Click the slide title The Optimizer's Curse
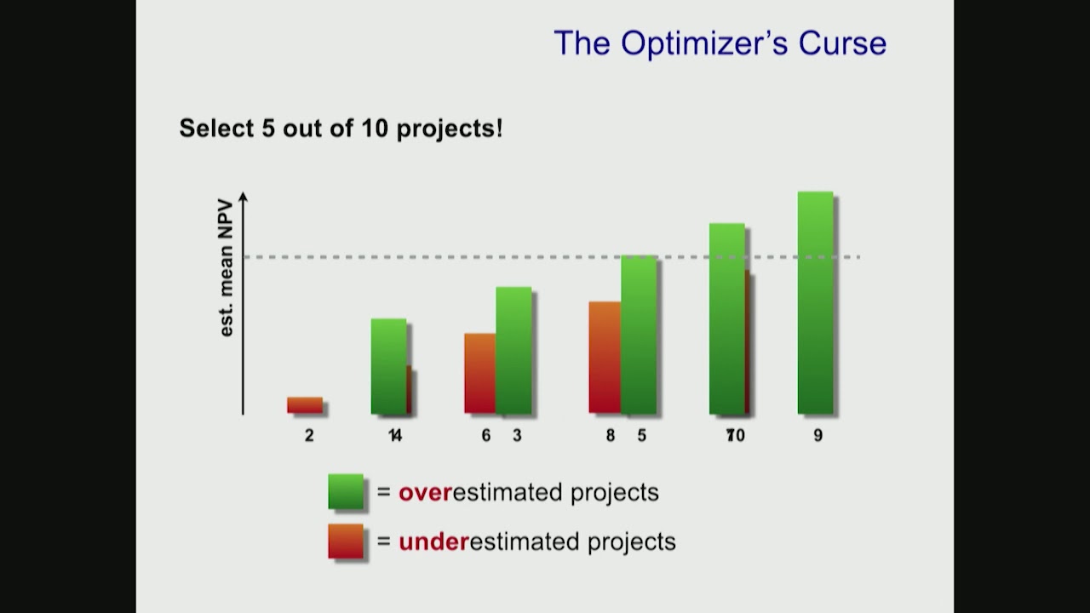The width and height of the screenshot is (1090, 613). tap(720, 43)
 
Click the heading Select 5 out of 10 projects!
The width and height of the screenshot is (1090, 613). tap(341, 129)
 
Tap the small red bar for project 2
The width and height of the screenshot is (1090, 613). tap(305, 405)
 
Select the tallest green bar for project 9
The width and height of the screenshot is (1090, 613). tap(815, 303)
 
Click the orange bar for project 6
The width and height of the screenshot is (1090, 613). tap(480, 373)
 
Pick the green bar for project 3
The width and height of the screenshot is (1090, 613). tap(513, 351)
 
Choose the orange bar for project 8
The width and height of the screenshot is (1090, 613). tap(605, 358)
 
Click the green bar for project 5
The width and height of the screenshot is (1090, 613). tap(639, 335)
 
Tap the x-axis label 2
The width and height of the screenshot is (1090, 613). tap(309, 435)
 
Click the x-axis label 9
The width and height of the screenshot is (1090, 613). tap(817, 435)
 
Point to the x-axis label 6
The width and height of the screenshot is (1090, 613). tap(486, 435)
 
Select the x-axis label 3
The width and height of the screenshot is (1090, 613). tap(517, 435)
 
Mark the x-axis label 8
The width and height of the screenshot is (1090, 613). tap(611, 435)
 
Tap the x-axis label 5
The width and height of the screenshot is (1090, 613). tap(642, 435)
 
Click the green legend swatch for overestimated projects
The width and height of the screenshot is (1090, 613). tap(346, 492)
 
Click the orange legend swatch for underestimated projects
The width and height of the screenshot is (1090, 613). tap(346, 541)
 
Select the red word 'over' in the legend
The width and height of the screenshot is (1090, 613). tap(425, 493)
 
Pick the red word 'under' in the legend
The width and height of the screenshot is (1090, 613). tap(433, 541)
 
